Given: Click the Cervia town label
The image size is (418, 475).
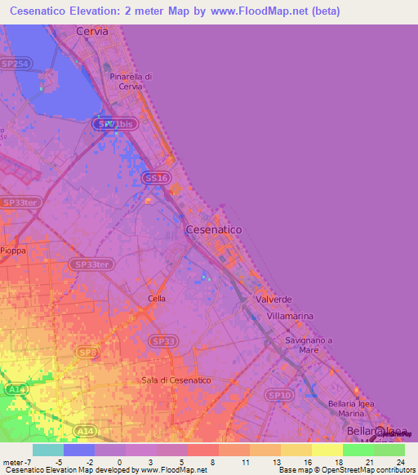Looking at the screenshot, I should pos(91,31).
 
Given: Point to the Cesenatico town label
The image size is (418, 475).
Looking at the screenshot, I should pos(214,230).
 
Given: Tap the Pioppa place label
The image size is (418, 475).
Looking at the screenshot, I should pos(14,251).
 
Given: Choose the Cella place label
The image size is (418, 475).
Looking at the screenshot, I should pos(157,299).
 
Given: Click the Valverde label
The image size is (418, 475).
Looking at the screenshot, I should pos(273,300).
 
